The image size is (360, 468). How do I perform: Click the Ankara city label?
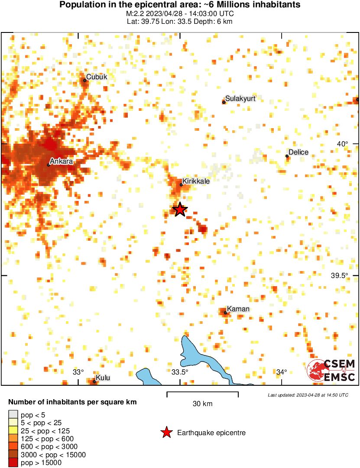point(61,161)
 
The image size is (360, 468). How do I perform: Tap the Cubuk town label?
point(97,77)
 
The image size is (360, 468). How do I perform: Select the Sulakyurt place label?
point(240,99)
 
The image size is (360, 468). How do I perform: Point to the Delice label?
point(298,152)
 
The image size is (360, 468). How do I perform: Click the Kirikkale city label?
point(196,181)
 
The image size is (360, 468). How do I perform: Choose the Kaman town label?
point(238,309)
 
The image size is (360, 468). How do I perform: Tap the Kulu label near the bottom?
point(103,378)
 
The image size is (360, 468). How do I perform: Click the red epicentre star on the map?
point(180,210)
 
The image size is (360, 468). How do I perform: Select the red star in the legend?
point(166,432)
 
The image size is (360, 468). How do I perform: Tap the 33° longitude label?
point(78,372)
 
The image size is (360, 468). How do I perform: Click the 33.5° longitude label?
point(180,372)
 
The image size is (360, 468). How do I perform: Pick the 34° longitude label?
point(282,372)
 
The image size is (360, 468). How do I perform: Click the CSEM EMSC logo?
point(331,371)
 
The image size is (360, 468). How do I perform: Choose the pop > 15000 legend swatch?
point(13,463)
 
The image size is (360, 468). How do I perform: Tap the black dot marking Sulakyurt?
point(224,102)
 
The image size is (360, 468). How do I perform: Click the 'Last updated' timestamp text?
point(308,395)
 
